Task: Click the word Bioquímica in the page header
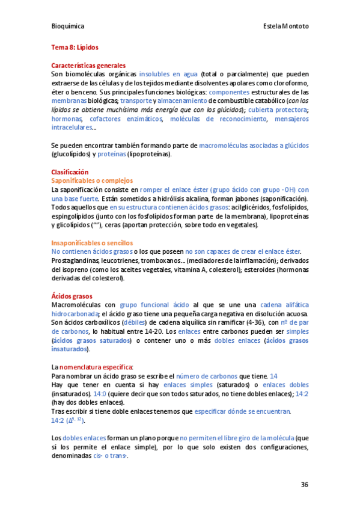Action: tap(67, 26)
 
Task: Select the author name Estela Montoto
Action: tap(286, 26)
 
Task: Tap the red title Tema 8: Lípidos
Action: tap(75, 46)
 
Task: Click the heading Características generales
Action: tap(88, 65)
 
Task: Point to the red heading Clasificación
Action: tap(70, 171)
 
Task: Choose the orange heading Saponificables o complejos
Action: tap(91, 180)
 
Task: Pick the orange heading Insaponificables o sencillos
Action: tap(93, 242)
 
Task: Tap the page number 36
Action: tap(305, 485)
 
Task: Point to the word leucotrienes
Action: tap(120, 260)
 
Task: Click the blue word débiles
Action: tap(135, 322)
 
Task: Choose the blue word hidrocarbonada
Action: tap(76, 314)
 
